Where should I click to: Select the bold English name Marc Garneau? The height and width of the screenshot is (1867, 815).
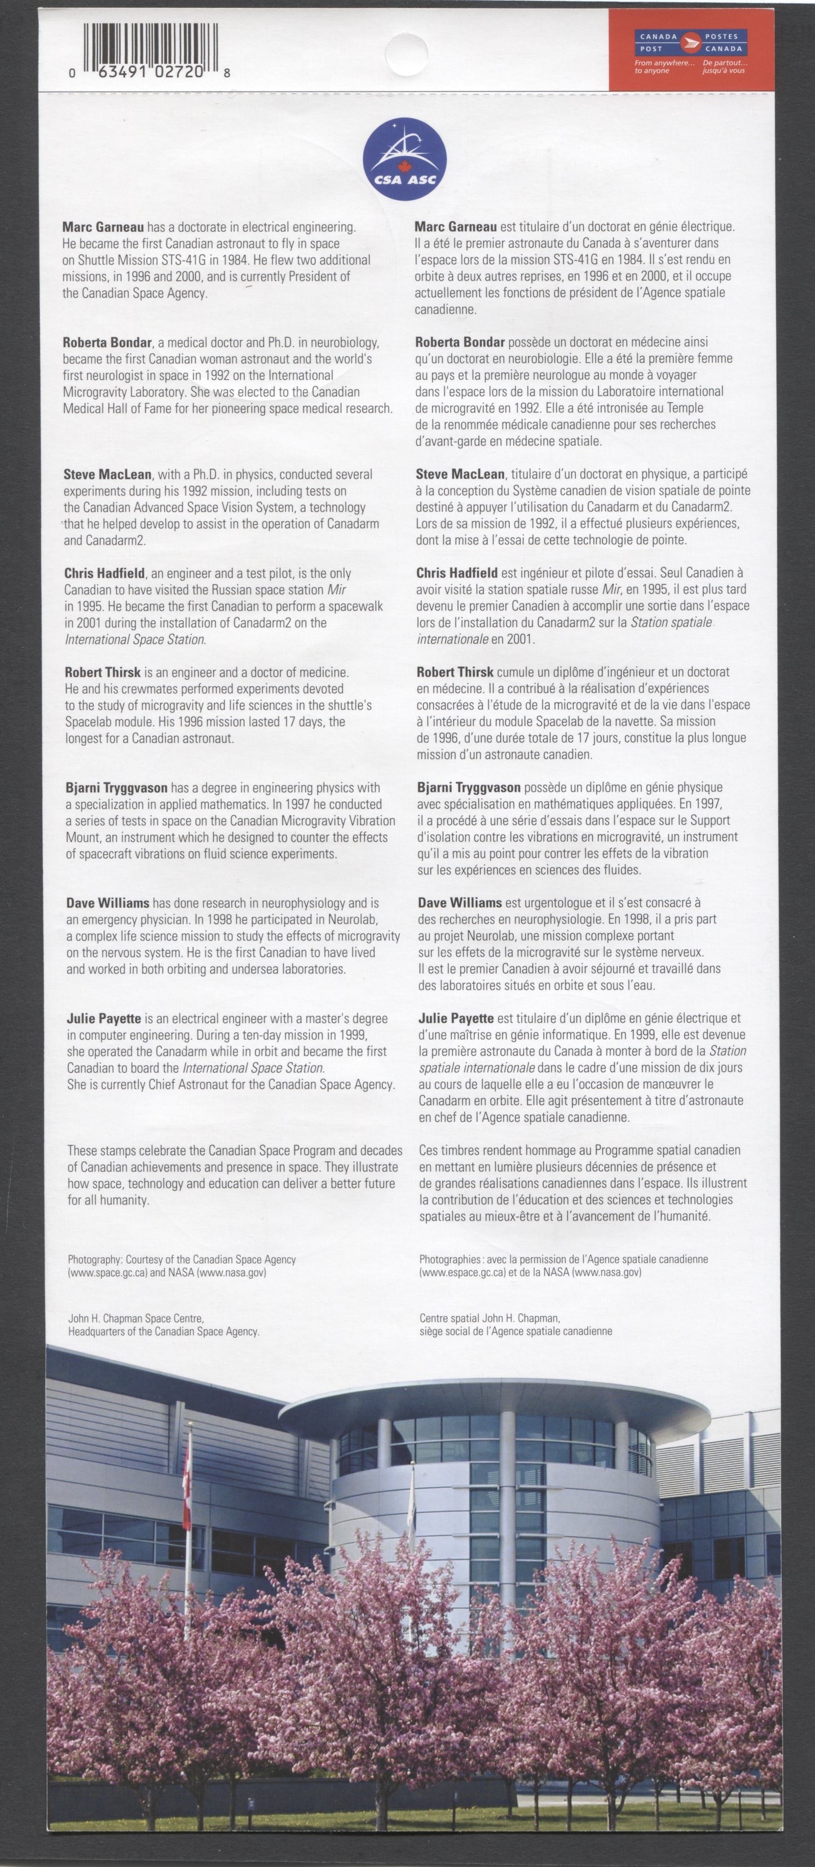coord(103,227)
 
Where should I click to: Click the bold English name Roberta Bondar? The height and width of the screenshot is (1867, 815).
coord(107,342)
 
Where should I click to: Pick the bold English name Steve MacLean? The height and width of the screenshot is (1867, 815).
coord(107,475)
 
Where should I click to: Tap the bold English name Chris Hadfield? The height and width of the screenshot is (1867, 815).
coord(104,573)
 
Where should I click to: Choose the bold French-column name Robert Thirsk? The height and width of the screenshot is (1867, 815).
coord(455,672)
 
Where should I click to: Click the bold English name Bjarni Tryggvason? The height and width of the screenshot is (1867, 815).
coord(117,788)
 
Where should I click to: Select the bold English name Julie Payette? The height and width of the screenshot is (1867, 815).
coord(104,1018)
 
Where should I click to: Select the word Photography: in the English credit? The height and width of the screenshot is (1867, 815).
coord(95,1260)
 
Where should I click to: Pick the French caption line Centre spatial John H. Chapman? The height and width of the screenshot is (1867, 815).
coord(490,1319)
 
